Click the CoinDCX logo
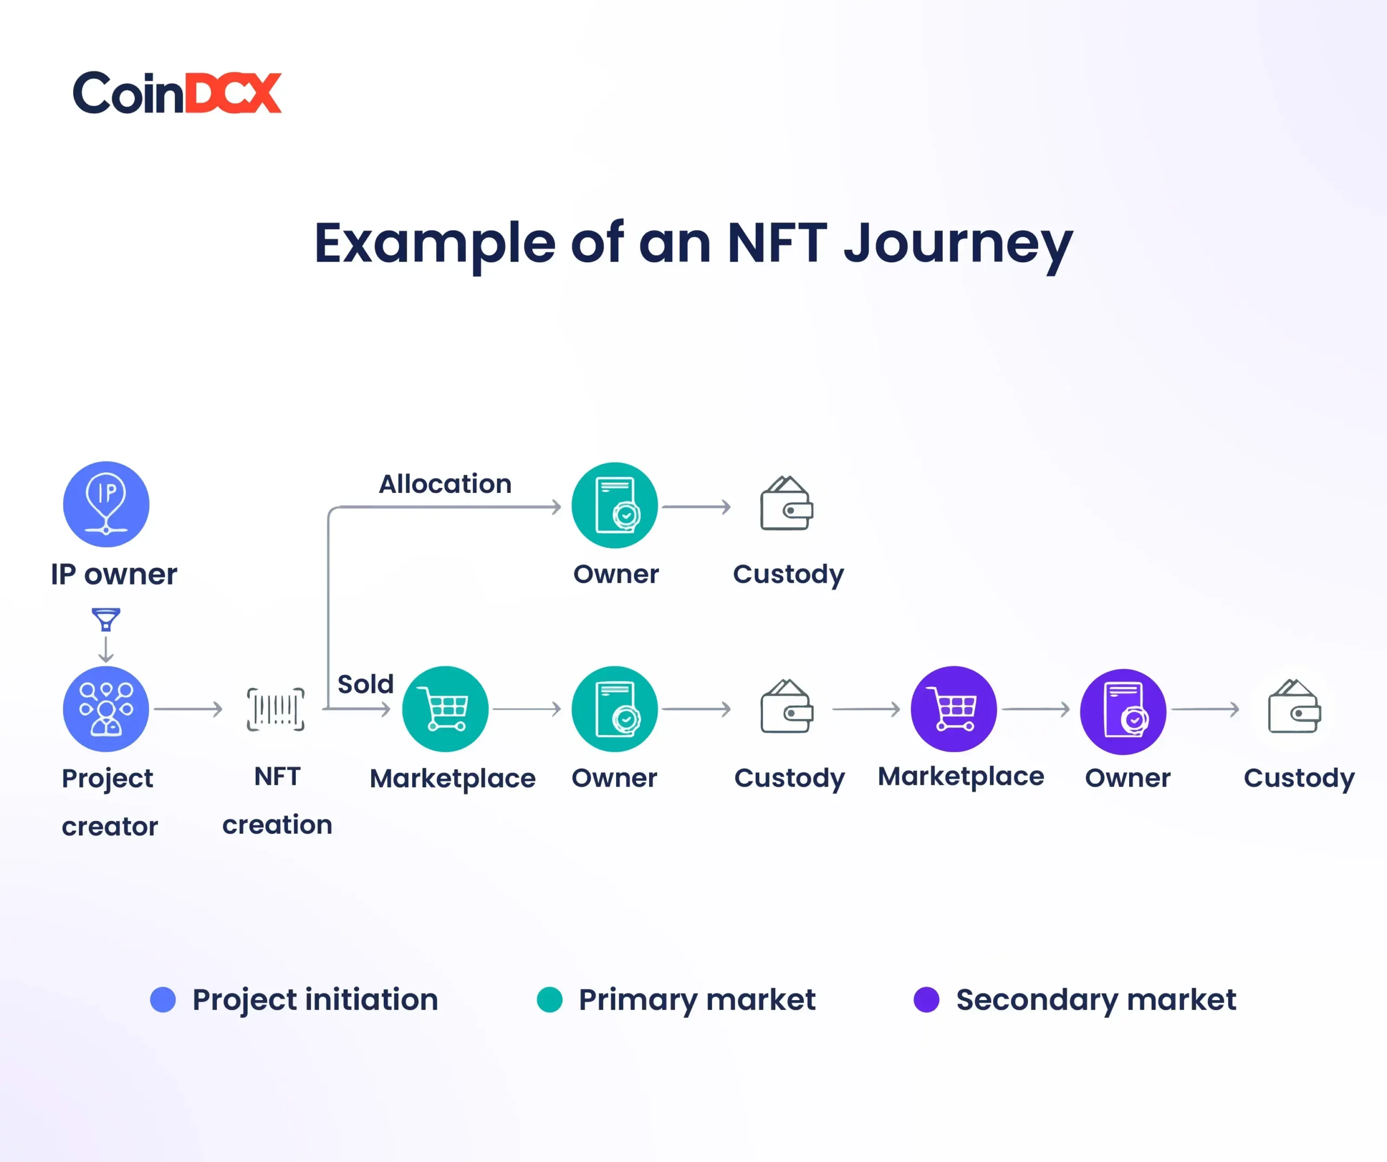pos(177,93)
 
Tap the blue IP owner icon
pos(106,504)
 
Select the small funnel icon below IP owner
pos(106,619)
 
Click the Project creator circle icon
pos(106,709)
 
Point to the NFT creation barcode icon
pos(275,709)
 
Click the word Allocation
pos(445,484)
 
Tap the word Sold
pos(365,684)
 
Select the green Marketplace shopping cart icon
pos(445,709)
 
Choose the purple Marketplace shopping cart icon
pos(954,709)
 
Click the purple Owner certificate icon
pos(1123,712)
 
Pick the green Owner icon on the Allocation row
pos(615,505)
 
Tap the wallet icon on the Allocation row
pos(787,503)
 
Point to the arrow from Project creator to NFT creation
pos(188,709)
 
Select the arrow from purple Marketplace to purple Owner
pos(1035,709)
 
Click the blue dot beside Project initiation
pos(163,999)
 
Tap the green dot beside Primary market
pos(549,999)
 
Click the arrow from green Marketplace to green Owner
pos(527,709)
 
